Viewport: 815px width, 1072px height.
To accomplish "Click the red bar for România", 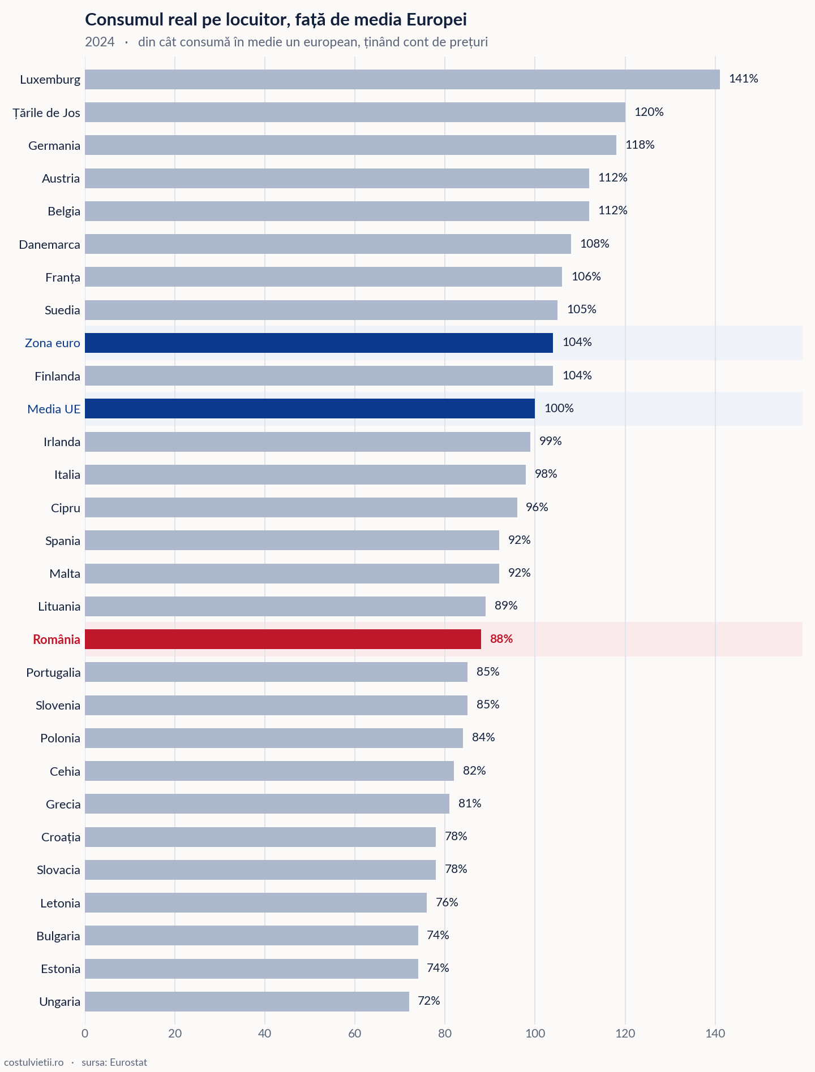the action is (x=283, y=639).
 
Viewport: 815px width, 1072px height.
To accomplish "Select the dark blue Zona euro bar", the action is (x=319, y=343).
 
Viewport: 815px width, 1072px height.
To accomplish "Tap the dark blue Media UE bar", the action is (x=310, y=408).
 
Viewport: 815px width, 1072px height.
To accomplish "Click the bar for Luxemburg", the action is (x=402, y=79).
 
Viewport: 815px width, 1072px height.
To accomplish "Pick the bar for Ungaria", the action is (x=247, y=1001).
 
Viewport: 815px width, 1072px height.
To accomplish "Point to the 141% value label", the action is (x=744, y=79).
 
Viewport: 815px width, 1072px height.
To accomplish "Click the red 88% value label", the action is (x=501, y=639).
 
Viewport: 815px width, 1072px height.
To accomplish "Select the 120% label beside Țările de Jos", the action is (x=649, y=112).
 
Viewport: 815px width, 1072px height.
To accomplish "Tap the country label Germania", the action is (x=54, y=145).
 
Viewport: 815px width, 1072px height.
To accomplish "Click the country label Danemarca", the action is (x=49, y=244).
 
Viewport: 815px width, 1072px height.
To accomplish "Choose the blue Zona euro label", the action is (x=53, y=343).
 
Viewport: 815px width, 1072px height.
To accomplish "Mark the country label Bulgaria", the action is (x=58, y=936).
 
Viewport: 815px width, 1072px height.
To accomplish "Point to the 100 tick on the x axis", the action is (x=535, y=1034).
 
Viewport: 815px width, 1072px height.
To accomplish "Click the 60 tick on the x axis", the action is (x=355, y=1034).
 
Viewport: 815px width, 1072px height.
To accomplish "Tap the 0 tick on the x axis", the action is (x=85, y=1034).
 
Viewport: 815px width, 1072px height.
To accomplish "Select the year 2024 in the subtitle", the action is (x=100, y=42).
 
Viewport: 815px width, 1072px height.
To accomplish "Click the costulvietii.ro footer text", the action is (x=33, y=1062).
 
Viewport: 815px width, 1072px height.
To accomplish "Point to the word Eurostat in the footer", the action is (x=128, y=1062).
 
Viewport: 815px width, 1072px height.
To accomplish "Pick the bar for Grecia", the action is (x=267, y=803).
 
